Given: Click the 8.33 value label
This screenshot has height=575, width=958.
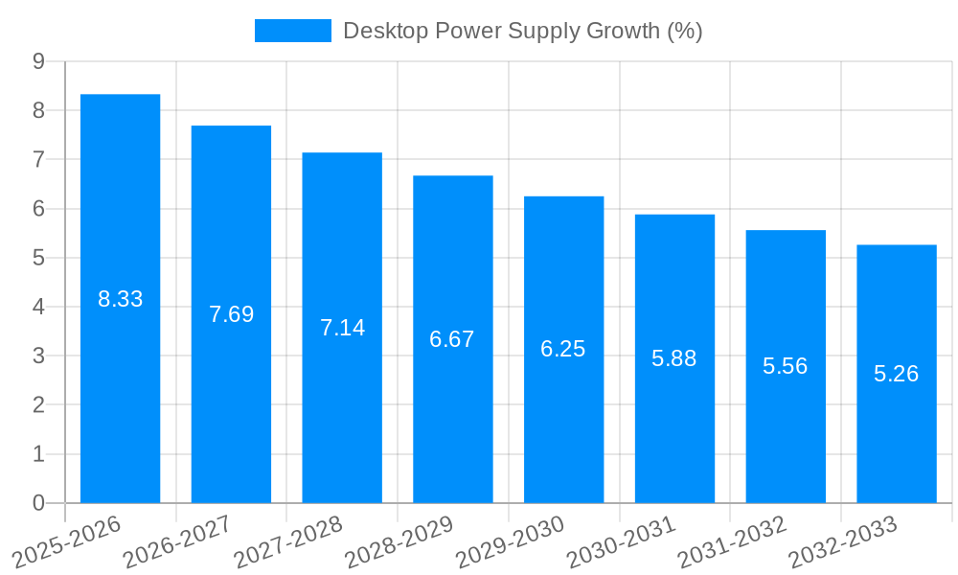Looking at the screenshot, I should click(120, 299).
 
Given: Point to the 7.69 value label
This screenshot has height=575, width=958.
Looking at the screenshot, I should click(231, 314).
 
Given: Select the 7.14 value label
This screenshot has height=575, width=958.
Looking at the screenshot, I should click(342, 328).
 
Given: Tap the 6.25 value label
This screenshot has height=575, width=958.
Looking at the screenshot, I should click(563, 349).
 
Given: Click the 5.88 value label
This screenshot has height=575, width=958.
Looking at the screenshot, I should click(674, 358).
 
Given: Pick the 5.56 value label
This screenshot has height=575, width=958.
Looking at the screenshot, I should click(786, 366).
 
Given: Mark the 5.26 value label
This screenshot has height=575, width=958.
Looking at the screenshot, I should click(896, 374).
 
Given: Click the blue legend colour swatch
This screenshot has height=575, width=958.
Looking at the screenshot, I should click(292, 31).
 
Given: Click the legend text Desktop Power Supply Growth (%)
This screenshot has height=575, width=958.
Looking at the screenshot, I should click(522, 31).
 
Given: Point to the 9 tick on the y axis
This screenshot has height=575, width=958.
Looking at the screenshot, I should click(38, 61).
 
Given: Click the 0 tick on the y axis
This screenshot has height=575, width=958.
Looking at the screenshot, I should click(38, 503).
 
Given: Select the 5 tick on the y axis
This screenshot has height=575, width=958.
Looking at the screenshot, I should click(38, 258).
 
